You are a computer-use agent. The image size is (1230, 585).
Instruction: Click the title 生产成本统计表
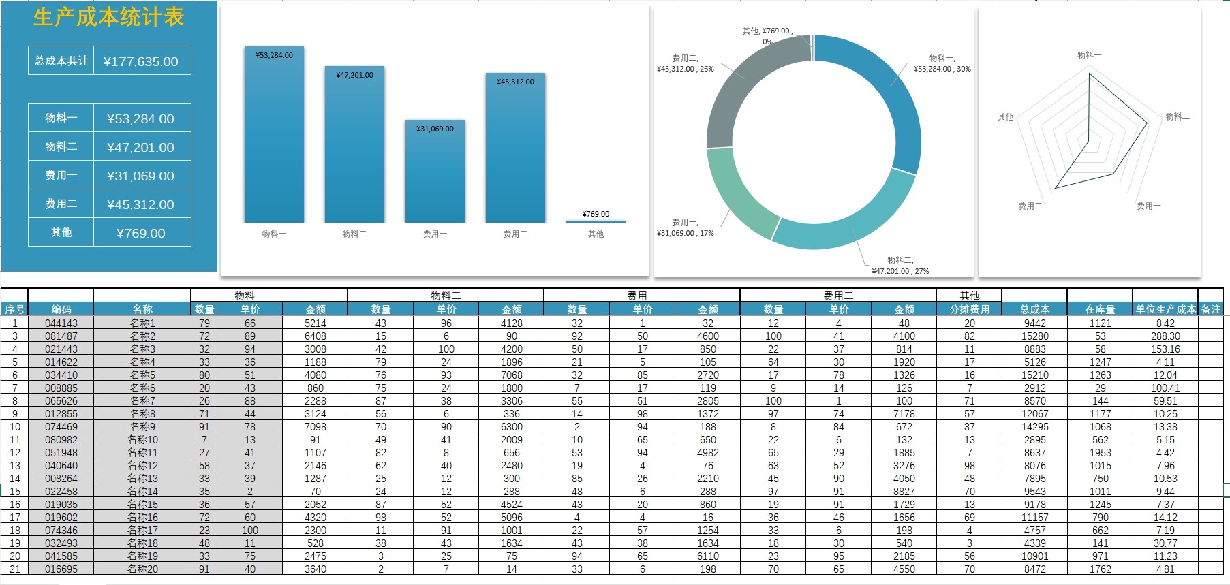(109, 17)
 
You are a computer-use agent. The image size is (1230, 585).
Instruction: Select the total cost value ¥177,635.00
(141, 61)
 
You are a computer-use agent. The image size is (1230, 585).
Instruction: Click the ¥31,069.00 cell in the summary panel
(141, 176)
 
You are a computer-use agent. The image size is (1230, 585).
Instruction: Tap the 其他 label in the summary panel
(61, 232)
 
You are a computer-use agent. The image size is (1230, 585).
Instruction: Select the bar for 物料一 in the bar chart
(274, 136)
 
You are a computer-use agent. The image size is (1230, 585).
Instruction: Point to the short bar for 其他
(596, 221)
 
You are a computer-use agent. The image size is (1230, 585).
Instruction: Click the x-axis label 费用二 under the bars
(515, 234)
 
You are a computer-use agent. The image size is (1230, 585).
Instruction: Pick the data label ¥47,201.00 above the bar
(354, 75)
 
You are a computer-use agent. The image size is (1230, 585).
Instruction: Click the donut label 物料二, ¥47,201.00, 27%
(900, 266)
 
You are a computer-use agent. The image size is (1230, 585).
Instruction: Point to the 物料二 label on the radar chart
(1178, 116)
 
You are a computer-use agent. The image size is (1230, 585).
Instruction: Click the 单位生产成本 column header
(1165, 309)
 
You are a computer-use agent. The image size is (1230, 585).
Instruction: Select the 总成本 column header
(1034, 309)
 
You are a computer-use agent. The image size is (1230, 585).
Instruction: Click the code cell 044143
(61, 323)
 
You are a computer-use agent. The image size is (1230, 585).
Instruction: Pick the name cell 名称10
(142, 440)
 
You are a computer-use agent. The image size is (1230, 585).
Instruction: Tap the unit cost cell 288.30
(1165, 336)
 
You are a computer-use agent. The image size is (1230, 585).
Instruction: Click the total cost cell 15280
(1034, 336)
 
